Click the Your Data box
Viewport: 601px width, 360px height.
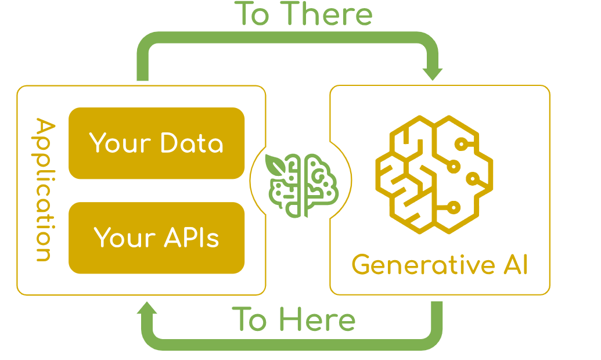pos(156,143)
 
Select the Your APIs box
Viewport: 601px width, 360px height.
pos(156,237)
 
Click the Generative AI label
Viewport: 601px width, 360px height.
pos(440,265)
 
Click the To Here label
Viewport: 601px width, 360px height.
pos(294,319)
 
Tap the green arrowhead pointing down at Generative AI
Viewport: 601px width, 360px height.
pos(433,73)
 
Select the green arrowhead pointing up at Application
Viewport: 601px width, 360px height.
pos(146,310)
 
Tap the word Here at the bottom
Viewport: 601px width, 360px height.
pos(317,319)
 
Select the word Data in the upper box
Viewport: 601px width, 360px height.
pos(192,143)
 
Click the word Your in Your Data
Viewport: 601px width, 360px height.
pos(113,143)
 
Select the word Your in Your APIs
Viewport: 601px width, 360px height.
pos(118,238)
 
